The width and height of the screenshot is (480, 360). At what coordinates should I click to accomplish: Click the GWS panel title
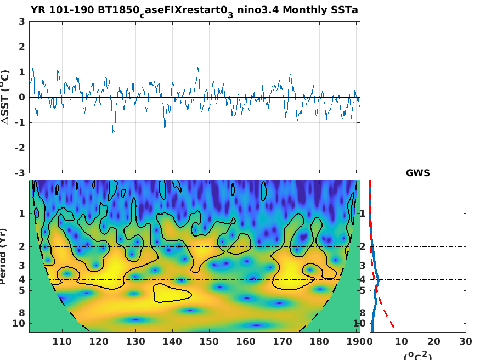pos(417,173)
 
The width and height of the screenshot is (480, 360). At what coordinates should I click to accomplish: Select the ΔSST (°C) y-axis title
pos(5,97)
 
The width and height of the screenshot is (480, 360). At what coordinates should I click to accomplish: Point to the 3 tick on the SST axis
pos(21,22)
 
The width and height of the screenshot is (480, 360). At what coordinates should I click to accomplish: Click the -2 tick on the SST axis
pos(20,148)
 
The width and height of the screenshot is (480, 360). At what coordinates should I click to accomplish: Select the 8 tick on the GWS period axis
pos(363,313)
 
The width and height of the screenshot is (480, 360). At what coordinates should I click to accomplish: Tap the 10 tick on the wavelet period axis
pos(20,323)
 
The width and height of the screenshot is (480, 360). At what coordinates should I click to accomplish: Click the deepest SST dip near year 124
pos(114,132)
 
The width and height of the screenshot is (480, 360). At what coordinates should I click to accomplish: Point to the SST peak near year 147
pos(197,69)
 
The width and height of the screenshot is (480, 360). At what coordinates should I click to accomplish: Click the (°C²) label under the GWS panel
pos(417,356)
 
